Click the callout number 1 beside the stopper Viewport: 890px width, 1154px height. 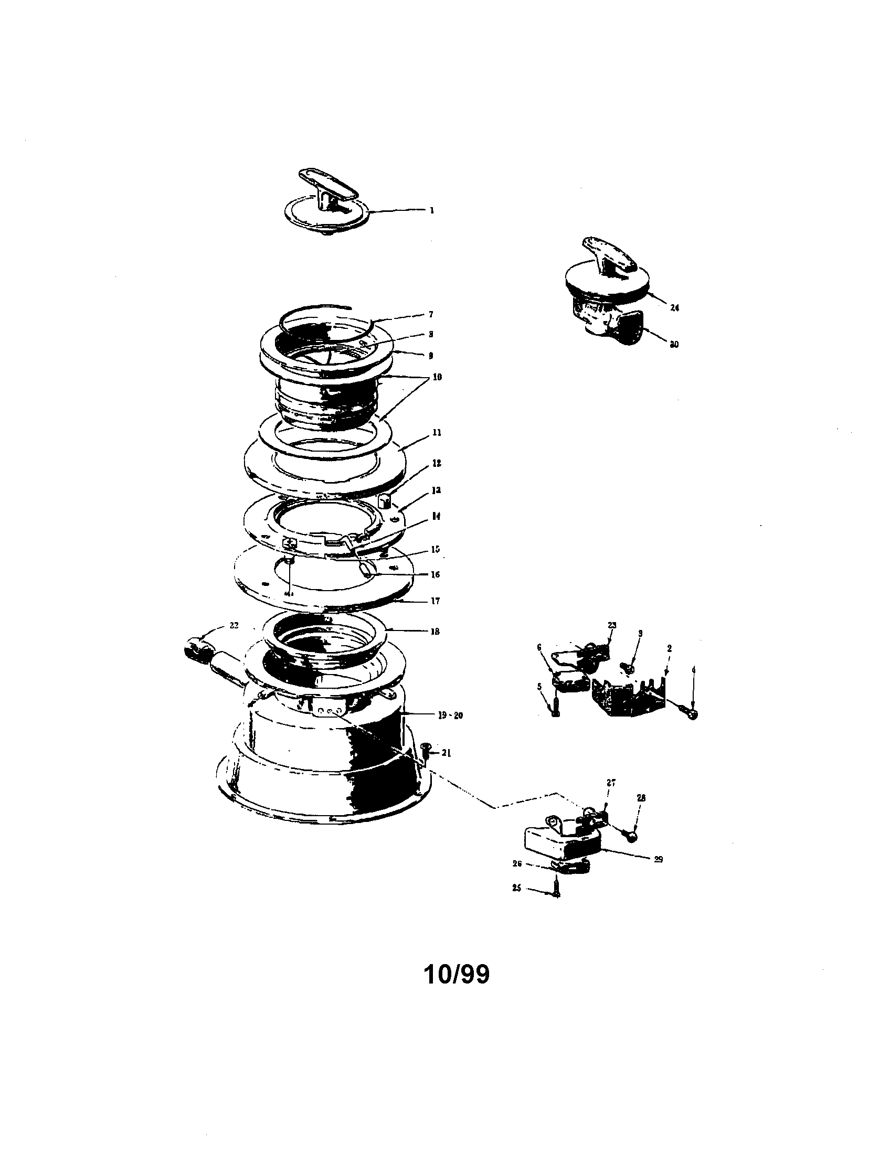click(x=432, y=210)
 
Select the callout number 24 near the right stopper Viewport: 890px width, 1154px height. click(x=674, y=307)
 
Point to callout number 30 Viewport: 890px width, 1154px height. click(x=674, y=345)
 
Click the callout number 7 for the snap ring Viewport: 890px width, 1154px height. click(x=431, y=314)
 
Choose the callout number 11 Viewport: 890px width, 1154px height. click(x=437, y=433)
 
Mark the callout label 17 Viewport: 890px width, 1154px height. click(x=436, y=601)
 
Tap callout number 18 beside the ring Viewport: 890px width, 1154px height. click(x=436, y=631)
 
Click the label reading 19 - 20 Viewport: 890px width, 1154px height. click(x=450, y=715)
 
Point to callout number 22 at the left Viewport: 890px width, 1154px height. click(x=234, y=625)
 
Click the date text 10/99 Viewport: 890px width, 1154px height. click(x=457, y=975)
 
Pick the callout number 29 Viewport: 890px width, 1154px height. click(x=658, y=860)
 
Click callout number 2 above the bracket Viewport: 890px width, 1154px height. click(x=669, y=648)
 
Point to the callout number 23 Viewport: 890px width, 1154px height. click(x=612, y=625)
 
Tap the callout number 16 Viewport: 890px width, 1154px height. click(x=436, y=574)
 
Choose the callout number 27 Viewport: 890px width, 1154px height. click(x=611, y=783)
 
